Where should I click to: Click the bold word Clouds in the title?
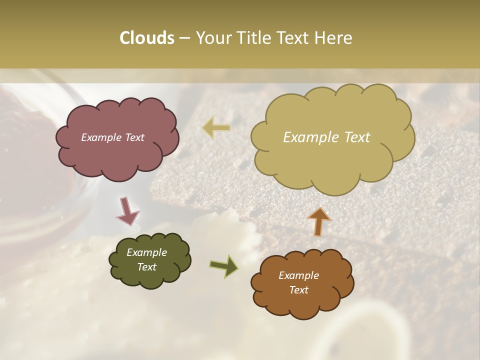coord(146,38)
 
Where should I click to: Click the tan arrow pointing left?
coord(216,128)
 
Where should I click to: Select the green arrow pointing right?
coord(224,265)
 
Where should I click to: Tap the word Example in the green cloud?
coord(146,252)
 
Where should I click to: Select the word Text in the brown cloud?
coord(298,290)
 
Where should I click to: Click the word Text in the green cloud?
coord(146,267)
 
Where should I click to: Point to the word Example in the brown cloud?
coord(298,275)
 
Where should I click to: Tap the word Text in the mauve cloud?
coord(134,137)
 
